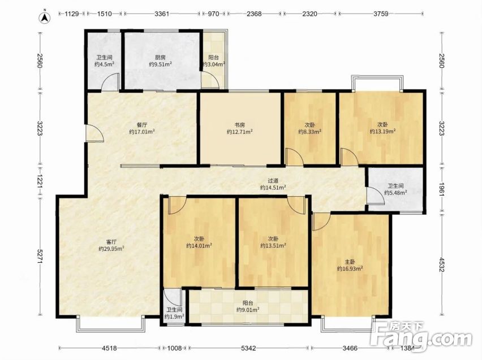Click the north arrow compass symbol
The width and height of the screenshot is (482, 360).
(x=45, y=18)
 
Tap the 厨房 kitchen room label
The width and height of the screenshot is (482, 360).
(x=160, y=57)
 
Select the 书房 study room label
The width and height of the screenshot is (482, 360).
(x=240, y=125)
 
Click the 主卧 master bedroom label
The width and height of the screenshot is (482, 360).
(x=350, y=262)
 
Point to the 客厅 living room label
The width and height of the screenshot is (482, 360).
(x=111, y=242)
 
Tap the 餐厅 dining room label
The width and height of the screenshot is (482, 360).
(x=141, y=125)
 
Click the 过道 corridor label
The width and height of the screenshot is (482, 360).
(x=273, y=181)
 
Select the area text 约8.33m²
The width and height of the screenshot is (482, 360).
(x=310, y=132)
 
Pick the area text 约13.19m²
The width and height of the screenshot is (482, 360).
(x=382, y=132)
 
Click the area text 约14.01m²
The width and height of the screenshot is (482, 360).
(x=199, y=246)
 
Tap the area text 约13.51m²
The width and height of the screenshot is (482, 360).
(x=273, y=246)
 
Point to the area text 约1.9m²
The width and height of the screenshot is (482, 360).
(x=174, y=316)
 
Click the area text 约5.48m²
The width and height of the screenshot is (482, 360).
(x=396, y=193)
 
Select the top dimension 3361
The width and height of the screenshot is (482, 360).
(x=162, y=14)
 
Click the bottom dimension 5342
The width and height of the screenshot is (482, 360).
(x=248, y=348)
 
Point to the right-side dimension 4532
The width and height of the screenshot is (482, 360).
(x=441, y=264)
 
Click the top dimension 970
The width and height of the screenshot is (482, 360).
(x=214, y=14)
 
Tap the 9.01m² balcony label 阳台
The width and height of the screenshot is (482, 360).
(x=248, y=303)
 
